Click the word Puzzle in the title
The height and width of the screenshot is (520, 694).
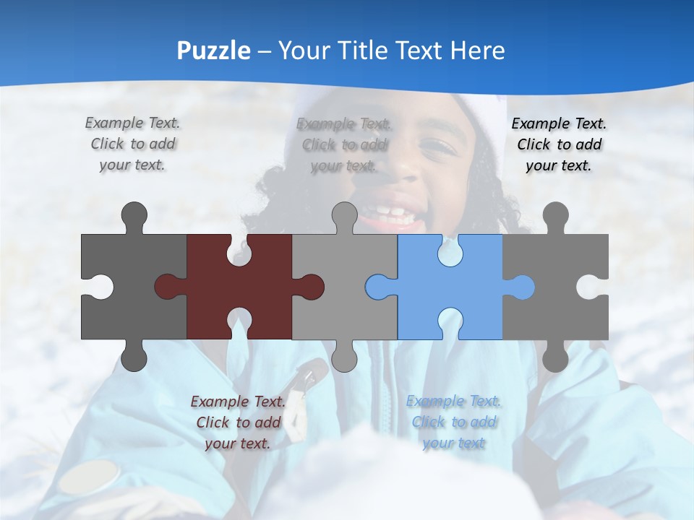pyautogui.click(x=214, y=51)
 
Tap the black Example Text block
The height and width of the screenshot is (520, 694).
pyautogui.click(x=558, y=144)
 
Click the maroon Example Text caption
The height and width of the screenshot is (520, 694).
pyautogui.click(x=238, y=422)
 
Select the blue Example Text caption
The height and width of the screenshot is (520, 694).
pyautogui.click(x=453, y=422)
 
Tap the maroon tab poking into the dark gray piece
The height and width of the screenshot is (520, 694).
pyautogui.click(x=168, y=287)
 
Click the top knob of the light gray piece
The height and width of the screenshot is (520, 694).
pyautogui.click(x=344, y=217)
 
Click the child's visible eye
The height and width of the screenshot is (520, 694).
pyautogui.click(x=434, y=148)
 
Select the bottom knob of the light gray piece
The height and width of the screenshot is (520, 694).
pyautogui.click(x=344, y=357)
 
